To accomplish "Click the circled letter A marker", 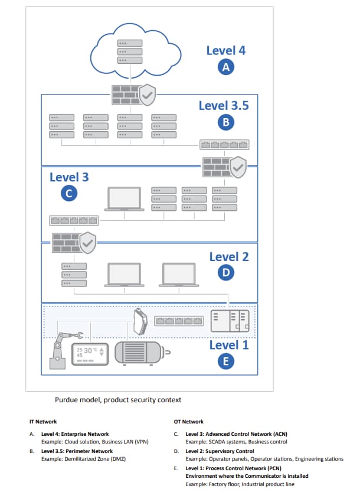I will coord(225,67).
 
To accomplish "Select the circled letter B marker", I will coord(225,122).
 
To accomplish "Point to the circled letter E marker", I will coord(225,361).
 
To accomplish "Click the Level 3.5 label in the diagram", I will coord(224,105).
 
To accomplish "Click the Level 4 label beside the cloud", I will coord(225,50).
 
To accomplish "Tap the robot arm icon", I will coord(57,351).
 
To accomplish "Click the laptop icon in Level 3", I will coord(123,199).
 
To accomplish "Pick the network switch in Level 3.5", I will coord(224,145).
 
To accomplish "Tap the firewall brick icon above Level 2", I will coord(66,242).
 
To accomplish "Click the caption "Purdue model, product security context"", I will coord(118,400).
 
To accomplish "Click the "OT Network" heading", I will coord(189,422).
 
